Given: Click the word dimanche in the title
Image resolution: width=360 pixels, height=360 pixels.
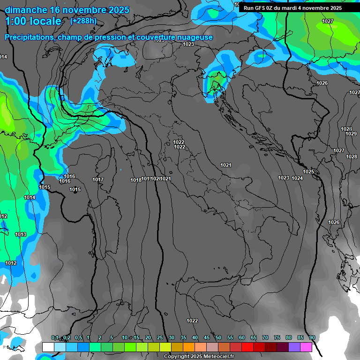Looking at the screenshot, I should tap(25, 10).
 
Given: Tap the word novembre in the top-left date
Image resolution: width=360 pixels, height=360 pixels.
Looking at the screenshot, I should tap(83, 10).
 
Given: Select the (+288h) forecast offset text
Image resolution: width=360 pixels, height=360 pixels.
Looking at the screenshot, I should tap(83, 21).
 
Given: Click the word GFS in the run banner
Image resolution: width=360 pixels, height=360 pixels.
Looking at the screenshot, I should tap(260, 8).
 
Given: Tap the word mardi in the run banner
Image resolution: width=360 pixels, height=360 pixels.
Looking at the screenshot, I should tap(292, 8).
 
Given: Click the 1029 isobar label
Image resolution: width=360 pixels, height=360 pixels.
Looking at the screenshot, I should tap(351, 134).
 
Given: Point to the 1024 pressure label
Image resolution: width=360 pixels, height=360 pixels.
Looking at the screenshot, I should tap(297, 178).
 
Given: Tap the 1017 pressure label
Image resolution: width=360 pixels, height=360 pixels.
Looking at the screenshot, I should tap(98, 180).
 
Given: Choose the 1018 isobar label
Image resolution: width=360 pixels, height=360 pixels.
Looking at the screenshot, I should tap(136, 180).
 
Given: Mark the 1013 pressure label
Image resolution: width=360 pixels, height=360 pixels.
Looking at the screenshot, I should tap(21, 234).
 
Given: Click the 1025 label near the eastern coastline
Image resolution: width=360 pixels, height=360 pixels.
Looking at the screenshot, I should tap(308, 172).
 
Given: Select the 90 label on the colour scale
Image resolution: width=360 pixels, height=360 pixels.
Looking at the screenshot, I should tap(312, 338).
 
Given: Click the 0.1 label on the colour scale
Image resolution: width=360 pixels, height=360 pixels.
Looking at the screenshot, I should tap(55, 338).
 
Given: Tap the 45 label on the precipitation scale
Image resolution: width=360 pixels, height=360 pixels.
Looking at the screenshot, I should tap(207, 338).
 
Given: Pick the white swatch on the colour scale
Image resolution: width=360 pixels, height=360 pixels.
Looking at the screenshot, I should tap(48, 347).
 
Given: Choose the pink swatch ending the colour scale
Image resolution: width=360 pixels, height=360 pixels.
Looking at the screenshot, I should tap(306, 347).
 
